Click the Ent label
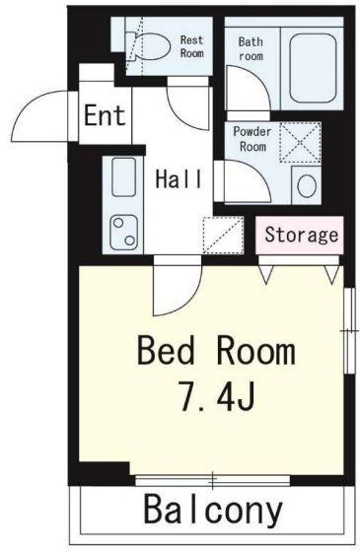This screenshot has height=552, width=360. pos(105,115)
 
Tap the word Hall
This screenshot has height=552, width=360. pos(179,178)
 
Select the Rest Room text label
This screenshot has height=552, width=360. pos(192,46)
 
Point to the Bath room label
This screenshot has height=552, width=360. pos(251,48)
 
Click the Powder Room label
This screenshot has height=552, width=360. pos(252,139)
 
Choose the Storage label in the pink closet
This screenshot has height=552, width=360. pos(301,235)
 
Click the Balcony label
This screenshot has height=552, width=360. pos(213,510)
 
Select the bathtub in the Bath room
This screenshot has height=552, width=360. pos(313,68)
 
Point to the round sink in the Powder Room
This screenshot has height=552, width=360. pos(307,185)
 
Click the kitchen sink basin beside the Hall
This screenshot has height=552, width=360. pos(123,176)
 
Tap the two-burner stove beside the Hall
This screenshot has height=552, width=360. pos(123,232)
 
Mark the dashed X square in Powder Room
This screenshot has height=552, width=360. pos(300,142)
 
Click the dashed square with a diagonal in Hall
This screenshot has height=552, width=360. pos(223,236)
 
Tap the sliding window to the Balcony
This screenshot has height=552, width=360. pos(213,480)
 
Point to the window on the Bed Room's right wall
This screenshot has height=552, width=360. pos(349,331)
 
